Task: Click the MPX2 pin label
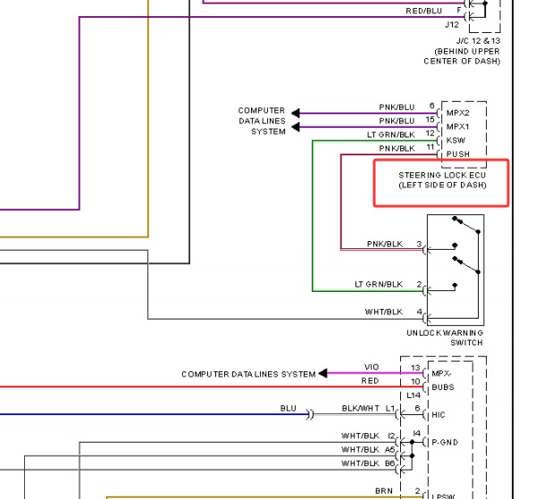click(x=457, y=112)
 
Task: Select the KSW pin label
click(x=456, y=140)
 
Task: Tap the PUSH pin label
click(x=458, y=154)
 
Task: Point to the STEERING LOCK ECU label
click(x=442, y=175)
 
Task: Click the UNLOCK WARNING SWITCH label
click(x=445, y=337)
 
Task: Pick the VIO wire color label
click(x=372, y=367)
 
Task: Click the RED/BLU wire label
click(x=423, y=11)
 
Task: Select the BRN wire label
click(x=384, y=491)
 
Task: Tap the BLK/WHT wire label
click(x=360, y=408)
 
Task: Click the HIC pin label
click(x=439, y=415)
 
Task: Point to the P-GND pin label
click(x=445, y=443)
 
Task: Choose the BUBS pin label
click(x=443, y=387)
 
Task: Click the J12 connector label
click(x=452, y=25)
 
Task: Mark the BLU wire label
click(x=288, y=408)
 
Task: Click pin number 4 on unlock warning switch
click(x=419, y=312)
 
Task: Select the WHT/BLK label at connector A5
click(x=360, y=450)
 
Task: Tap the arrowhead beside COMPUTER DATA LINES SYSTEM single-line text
click(x=322, y=373)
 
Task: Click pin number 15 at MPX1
click(x=430, y=120)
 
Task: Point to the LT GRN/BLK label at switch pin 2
click(x=379, y=284)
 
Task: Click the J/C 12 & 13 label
click(x=479, y=41)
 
